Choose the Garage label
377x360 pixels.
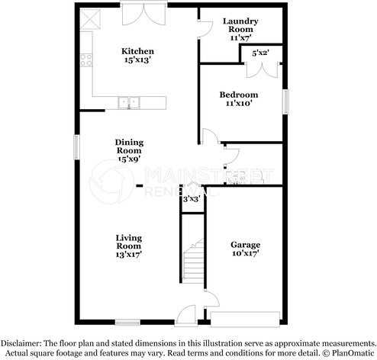[246, 249]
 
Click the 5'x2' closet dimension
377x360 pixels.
[260, 53]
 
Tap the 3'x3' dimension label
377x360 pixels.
[191, 199]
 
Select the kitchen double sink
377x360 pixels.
[128, 102]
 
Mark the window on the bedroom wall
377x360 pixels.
[286, 101]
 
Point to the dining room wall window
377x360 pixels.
[76, 147]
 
